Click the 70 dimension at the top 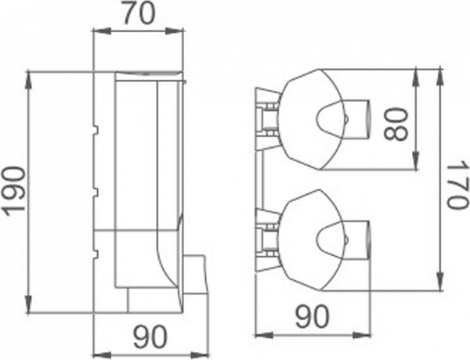(x=139, y=13)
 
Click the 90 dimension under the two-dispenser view (x=313, y=317)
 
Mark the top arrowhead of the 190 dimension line (x=29, y=76)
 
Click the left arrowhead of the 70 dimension (x=97, y=31)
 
